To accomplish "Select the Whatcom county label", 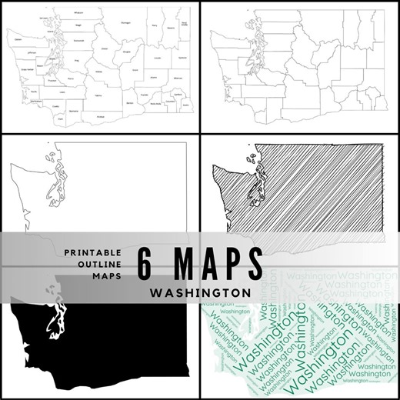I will point(79,13).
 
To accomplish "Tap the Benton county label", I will point(129,102).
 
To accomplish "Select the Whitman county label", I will point(178,78).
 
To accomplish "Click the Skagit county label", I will point(79,25).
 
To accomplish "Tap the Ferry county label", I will point(154,26).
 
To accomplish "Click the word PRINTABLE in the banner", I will point(93,252).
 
